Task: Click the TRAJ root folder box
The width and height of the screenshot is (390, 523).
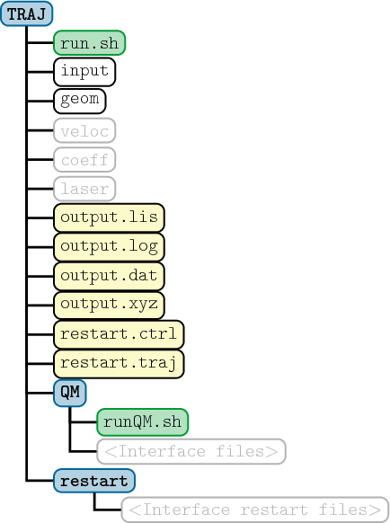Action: click(x=26, y=13)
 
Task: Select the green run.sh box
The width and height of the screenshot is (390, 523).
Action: click(x=89, y=43)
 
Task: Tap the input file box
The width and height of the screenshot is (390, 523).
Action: click(x=84, y=72)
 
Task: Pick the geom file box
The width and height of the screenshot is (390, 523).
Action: click(x=80, y=101)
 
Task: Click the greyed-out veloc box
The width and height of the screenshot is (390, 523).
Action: click(x=84, y=130)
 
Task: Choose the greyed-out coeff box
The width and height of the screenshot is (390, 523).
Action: click(x=84, y=160)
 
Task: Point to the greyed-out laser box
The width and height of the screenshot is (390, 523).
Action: click(x=84, y=189)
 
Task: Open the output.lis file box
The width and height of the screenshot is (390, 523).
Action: click(x=109, y=217)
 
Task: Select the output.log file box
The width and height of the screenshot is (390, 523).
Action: click(x=109, y=247)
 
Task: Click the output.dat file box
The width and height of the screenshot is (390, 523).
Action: click(x=109, y=276)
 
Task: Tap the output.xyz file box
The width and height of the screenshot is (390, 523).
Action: click(x=109, y=306)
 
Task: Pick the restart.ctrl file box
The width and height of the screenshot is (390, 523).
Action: click(x=119, y=334)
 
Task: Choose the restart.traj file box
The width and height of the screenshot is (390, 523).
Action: click(x=119, y=364)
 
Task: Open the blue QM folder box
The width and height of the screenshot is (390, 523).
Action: click(x=70, y=393)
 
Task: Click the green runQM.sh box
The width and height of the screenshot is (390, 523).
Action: click(x=143, y=422)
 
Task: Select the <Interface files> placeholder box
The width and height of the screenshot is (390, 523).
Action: click(x=191, y=451)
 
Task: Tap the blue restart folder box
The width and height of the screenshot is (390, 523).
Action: click(x=94, y=481)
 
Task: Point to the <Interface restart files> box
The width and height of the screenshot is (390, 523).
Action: click(x=255, y=510)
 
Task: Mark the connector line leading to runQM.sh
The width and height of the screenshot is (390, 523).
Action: click(x=84, y=422)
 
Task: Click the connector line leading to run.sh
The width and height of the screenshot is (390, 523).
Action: click(x=40, y=43)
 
